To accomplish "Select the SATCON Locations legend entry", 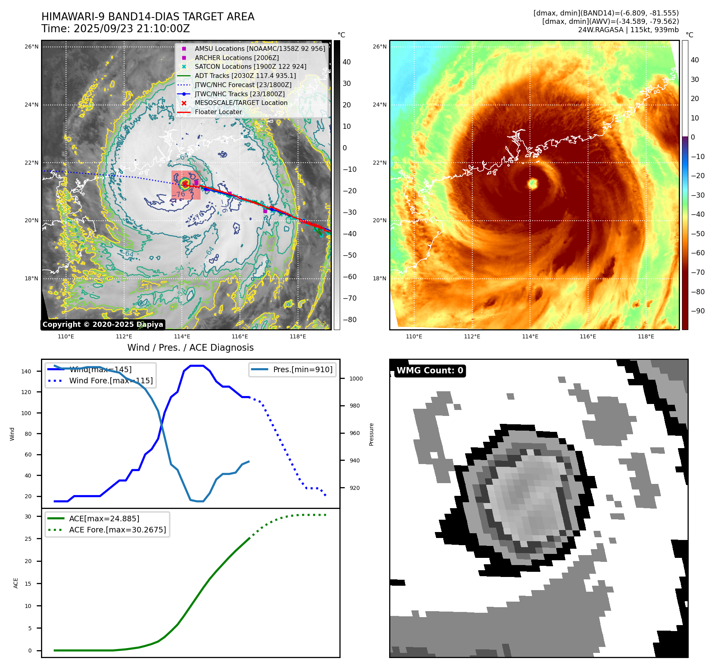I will [x=250, y=67].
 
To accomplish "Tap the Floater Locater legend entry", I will [x=218, y=112].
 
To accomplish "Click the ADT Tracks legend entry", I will [x=245, y=76].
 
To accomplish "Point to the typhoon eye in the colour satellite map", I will [x=533, y=183].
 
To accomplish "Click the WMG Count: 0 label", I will [x=430, y=371].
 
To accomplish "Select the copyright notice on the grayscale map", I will [x=103, y=324].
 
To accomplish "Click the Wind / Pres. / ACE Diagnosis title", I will [x=190, y=348].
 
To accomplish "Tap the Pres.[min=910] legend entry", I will [x=302, y=369].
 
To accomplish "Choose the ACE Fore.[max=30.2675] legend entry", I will [x=117, y=530].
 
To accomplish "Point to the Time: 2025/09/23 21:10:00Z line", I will [x=115, y=29].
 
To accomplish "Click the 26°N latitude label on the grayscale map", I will [x=31, y=47].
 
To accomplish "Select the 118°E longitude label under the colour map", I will [x=646, y=336].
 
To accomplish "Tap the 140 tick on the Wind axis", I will [x=26, y=371].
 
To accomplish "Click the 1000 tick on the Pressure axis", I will [x=356, y=379].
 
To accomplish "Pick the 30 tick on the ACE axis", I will [x=28, y=517].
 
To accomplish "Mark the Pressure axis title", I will [x=371, y=434].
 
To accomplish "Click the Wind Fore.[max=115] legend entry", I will [x=111, y=381].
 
